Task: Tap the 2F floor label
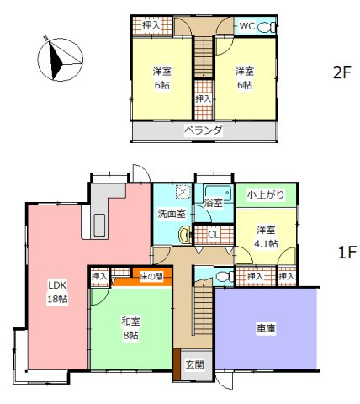[x=341, y=72]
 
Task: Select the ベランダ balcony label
[x=204, y=130]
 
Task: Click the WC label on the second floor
[x=246, y=27]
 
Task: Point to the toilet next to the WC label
[x=266, y=27]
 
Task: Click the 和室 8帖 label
[x=130, y=327]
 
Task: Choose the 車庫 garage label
[x=267, y=329]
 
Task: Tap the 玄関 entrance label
[x=194, y=364]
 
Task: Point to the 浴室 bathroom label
[x=213, y=203]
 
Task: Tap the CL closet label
[x=213, y=235]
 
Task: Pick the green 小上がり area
[x=265, y=195]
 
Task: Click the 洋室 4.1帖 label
[x=266, y=237]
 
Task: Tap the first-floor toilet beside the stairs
[x=224, y=275]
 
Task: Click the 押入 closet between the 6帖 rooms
[x=203, y=98]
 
